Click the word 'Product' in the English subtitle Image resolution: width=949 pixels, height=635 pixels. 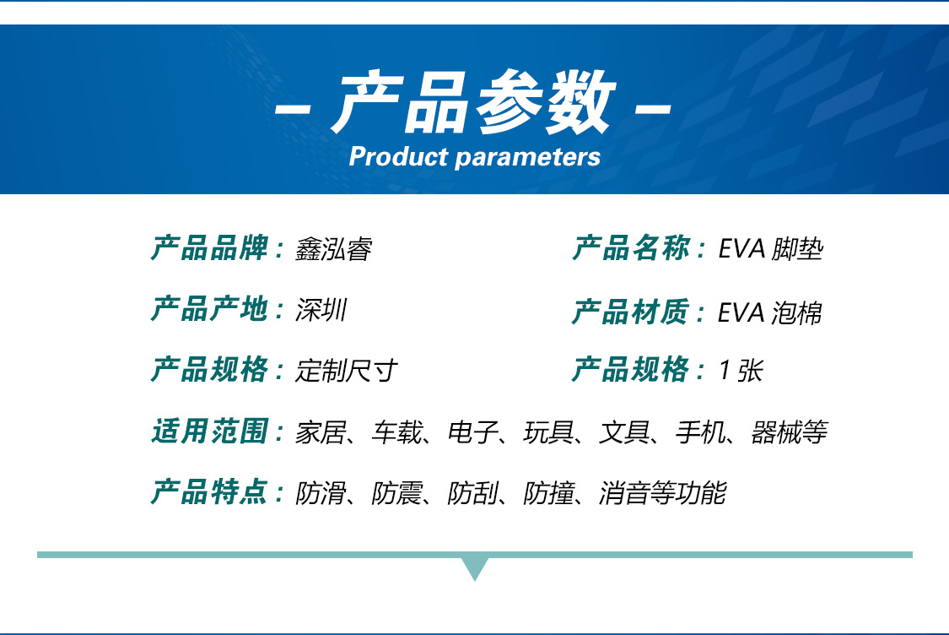coord(398,156)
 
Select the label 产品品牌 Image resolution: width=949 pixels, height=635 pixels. coord(209,249)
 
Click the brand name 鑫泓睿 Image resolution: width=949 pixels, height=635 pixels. coord(333,250)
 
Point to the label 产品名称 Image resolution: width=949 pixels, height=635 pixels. coord(631,249)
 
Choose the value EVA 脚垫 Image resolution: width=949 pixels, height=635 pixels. coord(770,250)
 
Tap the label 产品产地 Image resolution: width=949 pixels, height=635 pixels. coord(209,310)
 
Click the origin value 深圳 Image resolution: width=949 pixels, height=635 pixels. coord(321,311)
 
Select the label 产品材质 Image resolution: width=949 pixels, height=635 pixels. coord(631,312)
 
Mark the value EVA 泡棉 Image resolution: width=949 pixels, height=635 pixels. coord(769,312)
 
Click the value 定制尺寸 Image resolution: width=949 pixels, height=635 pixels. coord(346,371)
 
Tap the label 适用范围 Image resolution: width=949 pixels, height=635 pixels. coord(209,431)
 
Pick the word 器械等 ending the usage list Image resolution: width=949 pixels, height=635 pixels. coord(788,432)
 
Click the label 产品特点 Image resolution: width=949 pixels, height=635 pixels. coord(209,491)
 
